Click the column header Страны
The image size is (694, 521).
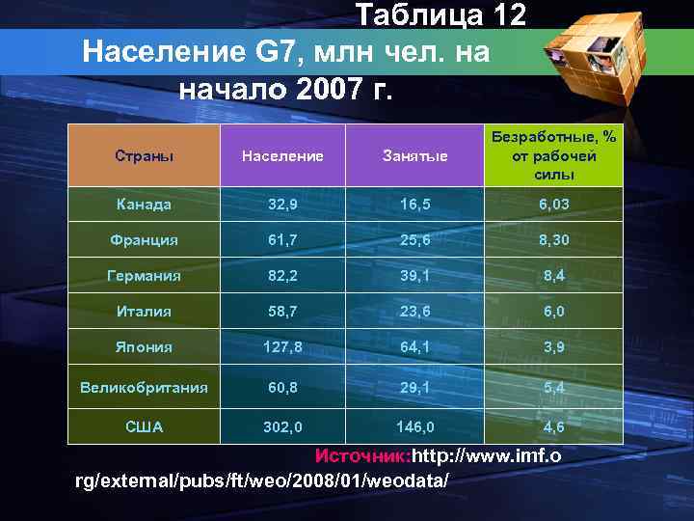144,155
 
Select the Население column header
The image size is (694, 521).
282,155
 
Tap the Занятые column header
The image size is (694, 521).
415,155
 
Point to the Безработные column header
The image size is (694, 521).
554,155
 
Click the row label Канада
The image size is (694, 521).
144,205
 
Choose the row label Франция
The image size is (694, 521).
144,239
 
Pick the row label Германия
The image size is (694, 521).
144,275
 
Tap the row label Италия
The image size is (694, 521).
144,311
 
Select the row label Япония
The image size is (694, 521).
144,346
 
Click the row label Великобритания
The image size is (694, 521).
144,388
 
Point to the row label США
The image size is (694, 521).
144,425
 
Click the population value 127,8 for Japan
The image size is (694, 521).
282,346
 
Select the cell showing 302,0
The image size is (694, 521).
282,425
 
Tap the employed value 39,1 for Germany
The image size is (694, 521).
415,275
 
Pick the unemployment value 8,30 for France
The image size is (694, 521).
554,239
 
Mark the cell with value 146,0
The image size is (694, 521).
415,425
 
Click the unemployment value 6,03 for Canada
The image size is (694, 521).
554,205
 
